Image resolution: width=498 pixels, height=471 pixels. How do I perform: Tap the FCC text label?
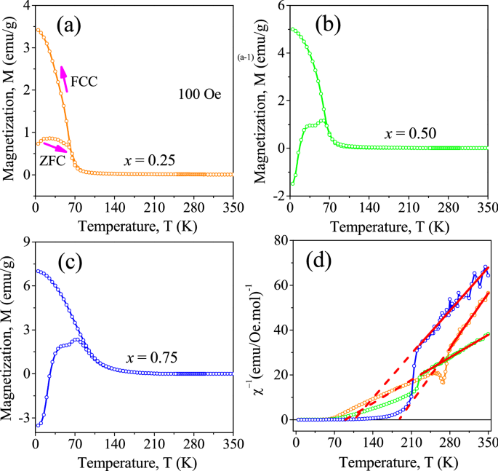tap(84, 82)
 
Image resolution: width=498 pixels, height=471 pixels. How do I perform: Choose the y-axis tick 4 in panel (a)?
tap(27, 7)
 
